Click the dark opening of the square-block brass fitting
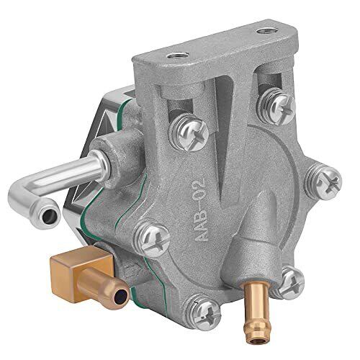click(x=122, y=296)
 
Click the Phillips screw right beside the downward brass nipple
click(x=289, y=282)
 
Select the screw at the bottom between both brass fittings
click(x=204, y=312)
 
